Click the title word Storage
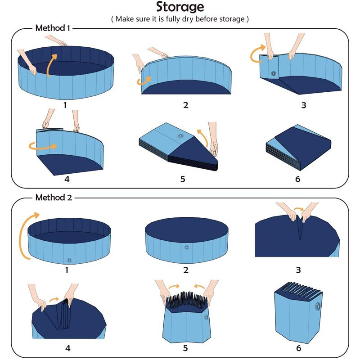click(x=180, y=7)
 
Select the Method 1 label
click(x=52, y=28)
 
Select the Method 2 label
click(x=52, y=197)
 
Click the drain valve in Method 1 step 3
click(x=273, y=73)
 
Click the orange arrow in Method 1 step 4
click(x=43, y=145)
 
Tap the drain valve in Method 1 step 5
click(x=181, y=136)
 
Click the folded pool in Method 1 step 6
click(x=298, y=147)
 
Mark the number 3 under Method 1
click(x=303, y=105)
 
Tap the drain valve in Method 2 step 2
click(x=187, y=247)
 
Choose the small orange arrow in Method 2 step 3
click(x=298, y=210)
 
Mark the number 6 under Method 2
click(x=298, y=348)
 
